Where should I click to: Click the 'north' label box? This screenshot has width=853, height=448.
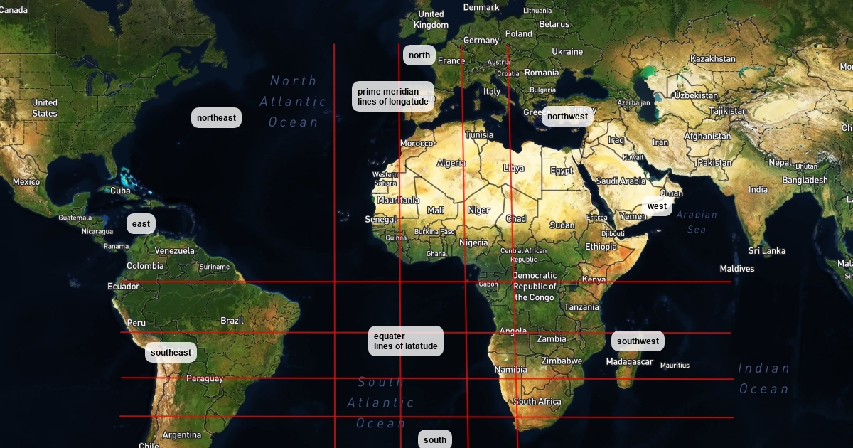coord(419,55)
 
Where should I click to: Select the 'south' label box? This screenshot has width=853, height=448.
coord(434,439)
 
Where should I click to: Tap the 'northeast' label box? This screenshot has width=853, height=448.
coord(216,118)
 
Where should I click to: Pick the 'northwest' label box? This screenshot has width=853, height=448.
coord(567,117)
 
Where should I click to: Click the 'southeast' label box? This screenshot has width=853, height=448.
coord(171,353)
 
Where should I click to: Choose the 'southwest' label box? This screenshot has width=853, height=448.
coord(638,341)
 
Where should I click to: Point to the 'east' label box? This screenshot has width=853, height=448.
coord(141,224)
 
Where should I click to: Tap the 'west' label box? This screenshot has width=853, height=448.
coord(657,206)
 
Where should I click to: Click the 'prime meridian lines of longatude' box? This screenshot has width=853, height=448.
coord(393,97)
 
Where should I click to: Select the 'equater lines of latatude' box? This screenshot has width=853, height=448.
coord(406,341)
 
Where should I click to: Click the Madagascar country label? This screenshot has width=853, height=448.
coord(629,362)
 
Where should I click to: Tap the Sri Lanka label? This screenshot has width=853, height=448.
coord(766,251)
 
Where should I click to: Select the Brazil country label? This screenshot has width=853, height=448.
coord(232,321)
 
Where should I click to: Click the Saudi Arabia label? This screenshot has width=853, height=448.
coord(620,181)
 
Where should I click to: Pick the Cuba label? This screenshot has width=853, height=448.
coord(120,191)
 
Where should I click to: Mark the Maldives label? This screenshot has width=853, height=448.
coord(736,269)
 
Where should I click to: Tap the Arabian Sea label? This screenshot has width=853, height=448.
coord(697,222)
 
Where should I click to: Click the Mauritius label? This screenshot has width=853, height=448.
coord(675,366)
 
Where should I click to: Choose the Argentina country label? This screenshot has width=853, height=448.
coord(181,435)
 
